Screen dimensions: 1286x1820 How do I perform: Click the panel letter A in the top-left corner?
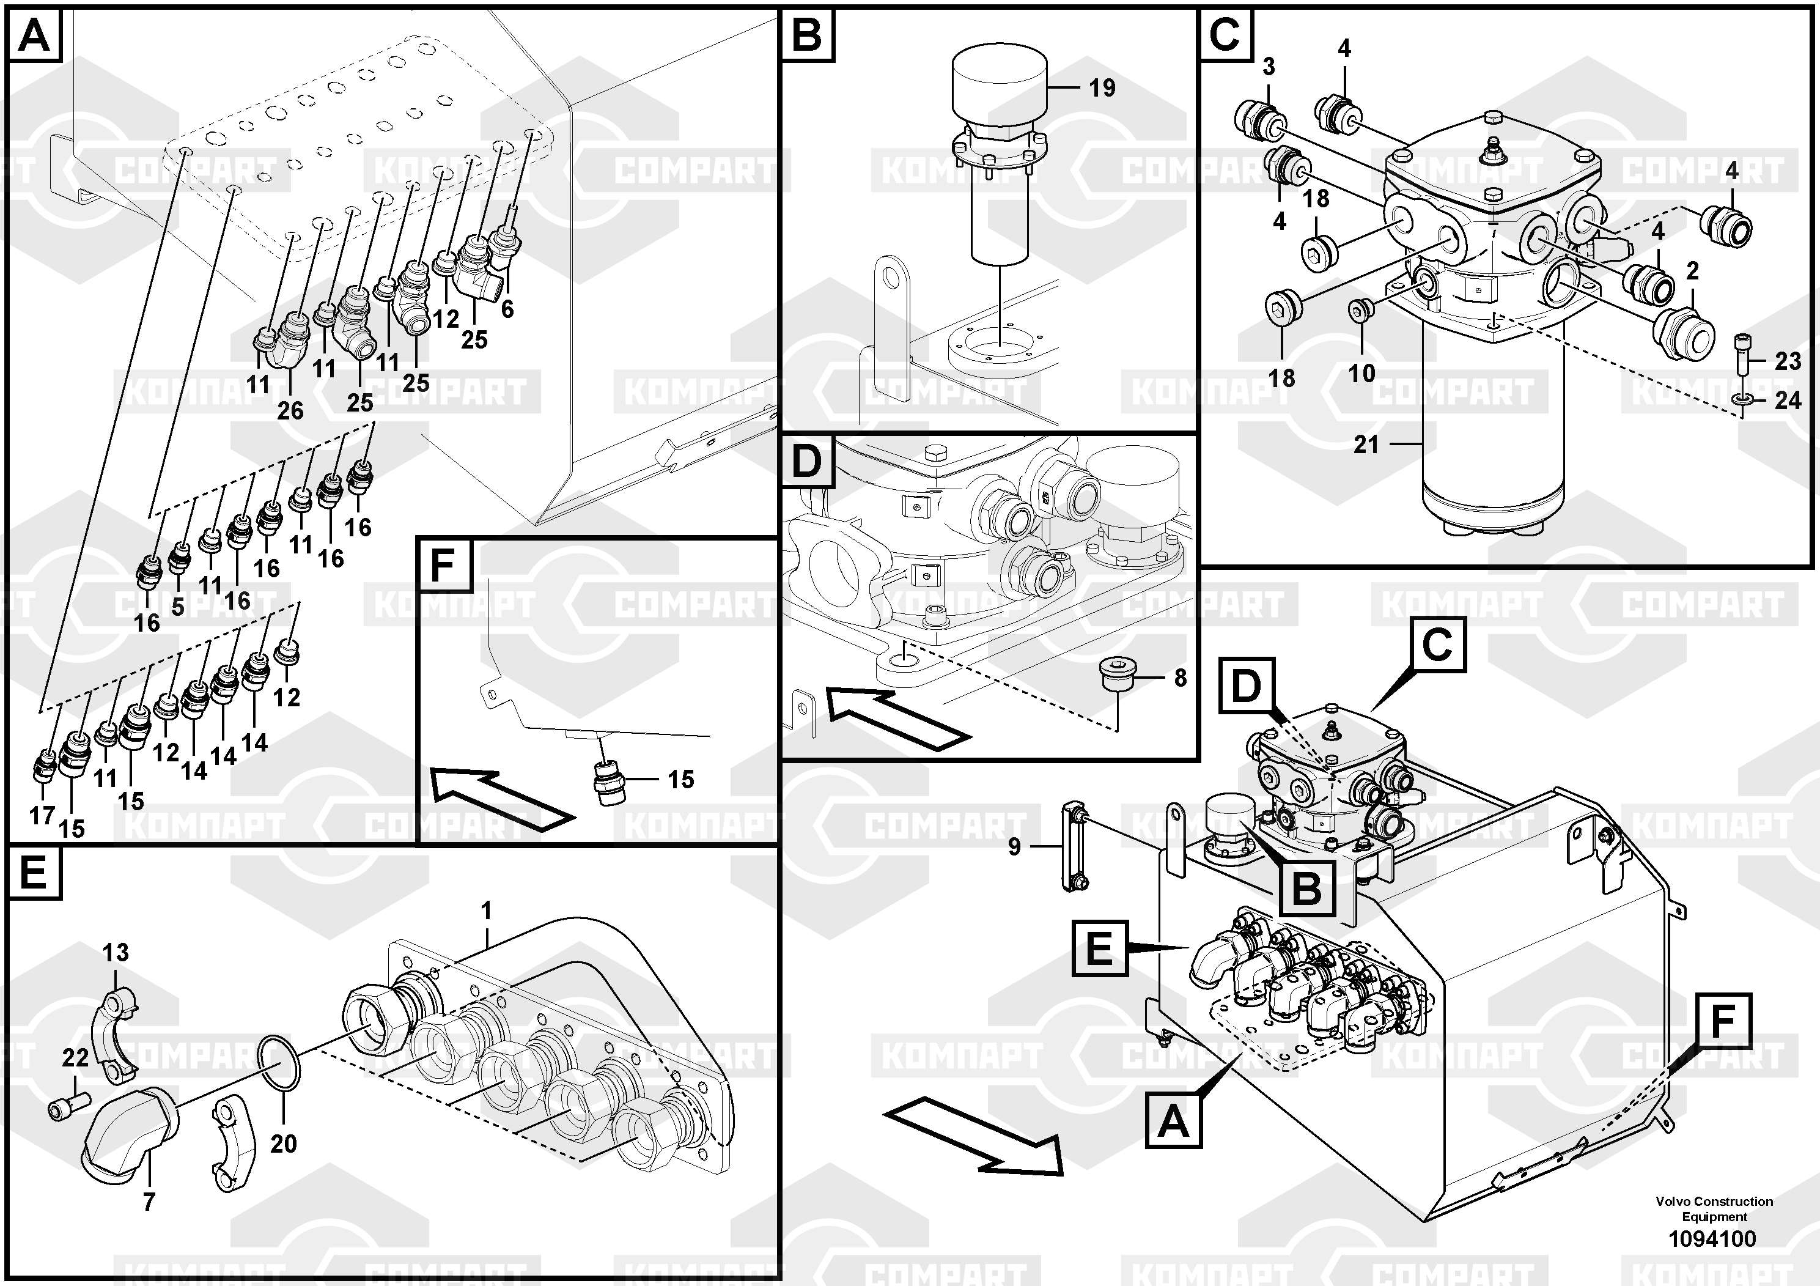pyautogui.click(x=34, y=35)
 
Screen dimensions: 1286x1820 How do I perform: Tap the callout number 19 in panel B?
pyautogui.click(x=1102, y=87)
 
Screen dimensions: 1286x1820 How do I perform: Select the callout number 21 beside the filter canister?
pyautogui.click(x=1366, y=444)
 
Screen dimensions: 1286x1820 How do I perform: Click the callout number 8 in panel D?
pyautogui.click(x=1181, y=678)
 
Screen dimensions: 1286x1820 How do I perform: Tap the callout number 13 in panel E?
pyautogui.click(x=115, y=952)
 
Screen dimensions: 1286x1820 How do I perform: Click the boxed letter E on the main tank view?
pyautogui.click(x=1099, y=948)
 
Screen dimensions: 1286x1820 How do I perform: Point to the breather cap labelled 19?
pyautogui.click(x=999, y=79)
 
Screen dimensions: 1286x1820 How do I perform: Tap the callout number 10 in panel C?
pyautogui.click(x=1362, y=372)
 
